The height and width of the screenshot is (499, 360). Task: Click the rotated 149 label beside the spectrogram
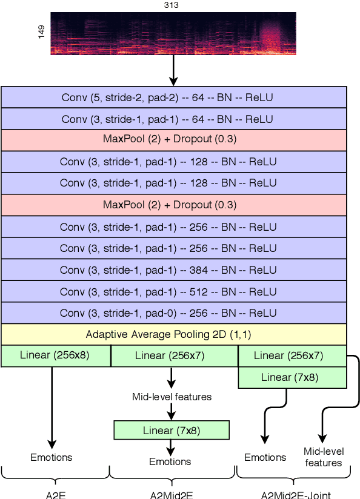click(41, 32)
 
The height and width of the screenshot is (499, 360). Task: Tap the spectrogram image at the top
click(173, 33)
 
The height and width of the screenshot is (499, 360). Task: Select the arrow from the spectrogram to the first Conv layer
click(173, 70)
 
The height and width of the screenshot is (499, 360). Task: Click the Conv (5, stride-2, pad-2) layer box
click(173, 97)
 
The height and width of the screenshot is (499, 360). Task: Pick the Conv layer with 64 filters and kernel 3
click(173, 119)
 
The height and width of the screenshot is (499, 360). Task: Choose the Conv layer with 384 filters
click(173, 269)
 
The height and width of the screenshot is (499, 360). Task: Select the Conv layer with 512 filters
click(173, 291)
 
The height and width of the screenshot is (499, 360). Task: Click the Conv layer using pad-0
click(173, 313)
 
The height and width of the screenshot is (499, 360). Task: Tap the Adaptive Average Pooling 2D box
click(173, 334)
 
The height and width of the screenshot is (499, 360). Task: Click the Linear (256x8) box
click(55, 355)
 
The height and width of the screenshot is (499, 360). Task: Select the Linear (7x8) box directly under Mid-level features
click(172, 431)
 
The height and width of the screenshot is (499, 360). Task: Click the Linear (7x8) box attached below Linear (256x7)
click(292, 377)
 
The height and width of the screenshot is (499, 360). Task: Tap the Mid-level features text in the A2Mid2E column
click(172, 397)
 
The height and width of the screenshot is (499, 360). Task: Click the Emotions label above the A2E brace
click(52, 457)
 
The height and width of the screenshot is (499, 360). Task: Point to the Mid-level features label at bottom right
click(324, 457)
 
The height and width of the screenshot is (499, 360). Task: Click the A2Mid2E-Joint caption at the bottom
click(296, 494)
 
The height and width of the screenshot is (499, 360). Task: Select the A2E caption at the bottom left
click(55, 494)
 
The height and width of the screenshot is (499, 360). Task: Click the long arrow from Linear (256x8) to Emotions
click(52, 406)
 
